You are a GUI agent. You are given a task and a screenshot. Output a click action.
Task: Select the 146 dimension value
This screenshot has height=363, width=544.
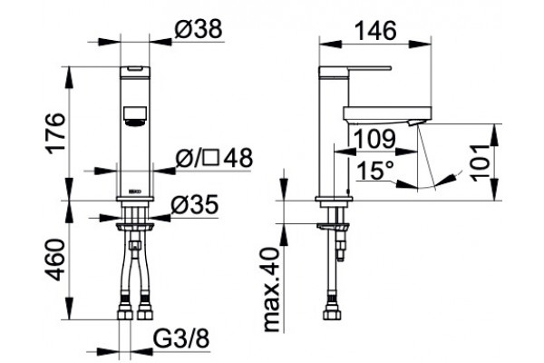376,31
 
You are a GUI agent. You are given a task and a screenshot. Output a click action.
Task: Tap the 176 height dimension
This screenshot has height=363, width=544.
56,133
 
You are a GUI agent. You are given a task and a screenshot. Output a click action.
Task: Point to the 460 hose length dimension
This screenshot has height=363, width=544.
56,260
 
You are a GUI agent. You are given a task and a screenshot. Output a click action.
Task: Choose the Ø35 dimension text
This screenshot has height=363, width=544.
195,204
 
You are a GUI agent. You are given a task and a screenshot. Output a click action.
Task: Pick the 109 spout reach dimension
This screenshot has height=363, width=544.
375,139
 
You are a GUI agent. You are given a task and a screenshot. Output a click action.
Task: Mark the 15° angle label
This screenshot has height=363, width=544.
375,171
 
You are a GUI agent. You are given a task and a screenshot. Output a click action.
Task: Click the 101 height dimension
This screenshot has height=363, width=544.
480,162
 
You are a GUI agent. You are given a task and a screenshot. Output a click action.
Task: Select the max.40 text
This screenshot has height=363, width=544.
272,289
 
